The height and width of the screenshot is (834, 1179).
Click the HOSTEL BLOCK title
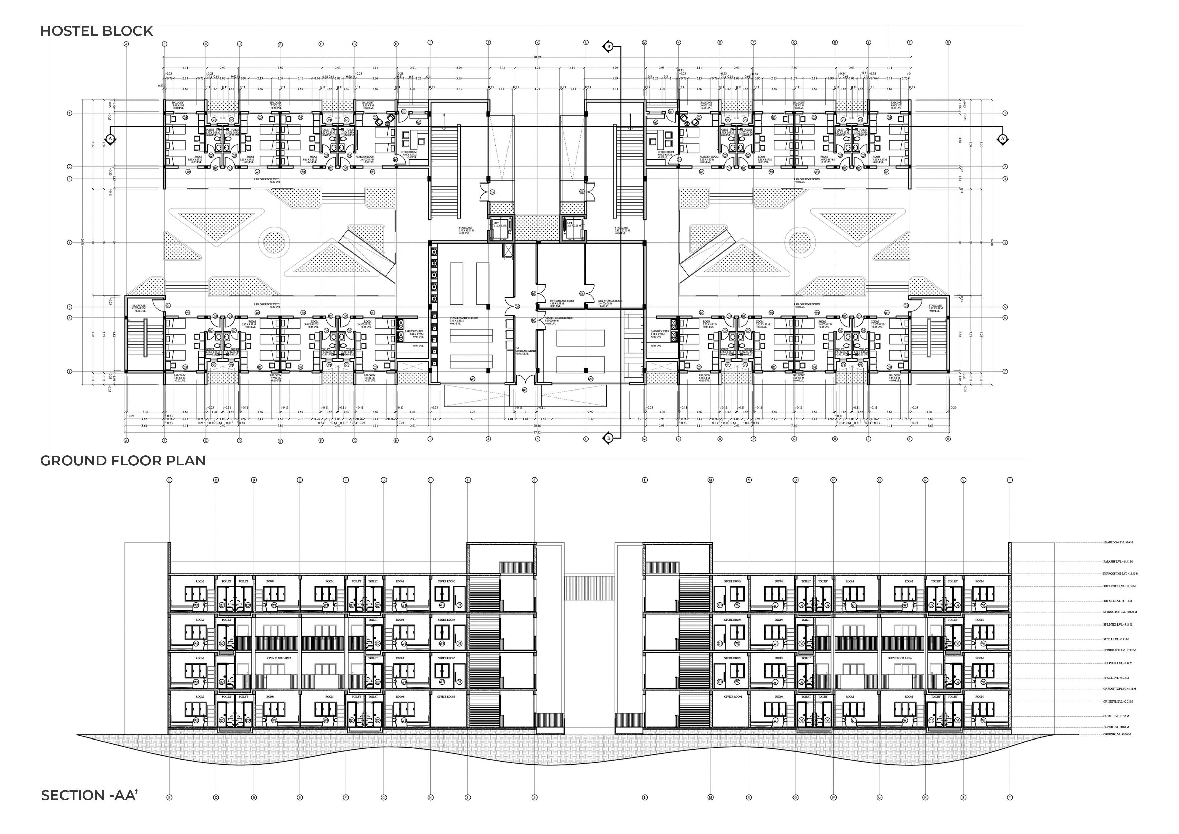point(96,31)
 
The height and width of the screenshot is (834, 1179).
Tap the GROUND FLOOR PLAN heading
point(123,460)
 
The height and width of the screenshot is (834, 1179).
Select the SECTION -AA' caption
point(90,795)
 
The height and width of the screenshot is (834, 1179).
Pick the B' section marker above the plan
point(609,47)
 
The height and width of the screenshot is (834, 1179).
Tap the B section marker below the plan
point(609,438)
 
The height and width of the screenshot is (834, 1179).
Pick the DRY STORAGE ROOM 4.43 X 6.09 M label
point(561,303)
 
